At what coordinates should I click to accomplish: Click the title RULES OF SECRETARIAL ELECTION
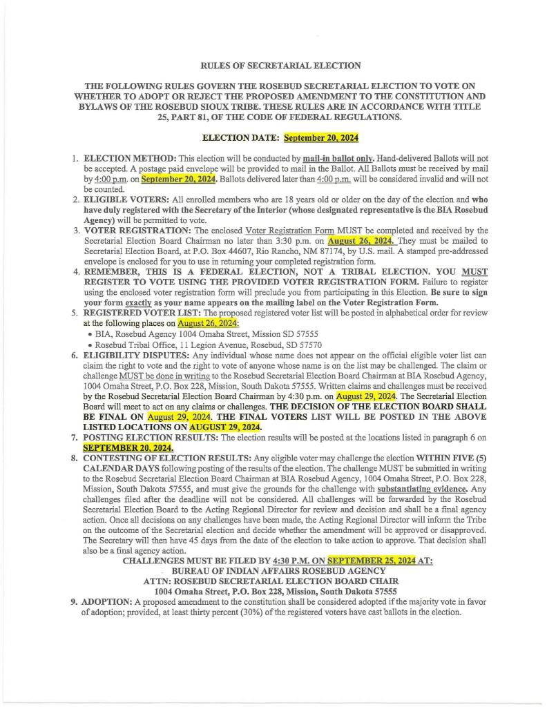(280, 66)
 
